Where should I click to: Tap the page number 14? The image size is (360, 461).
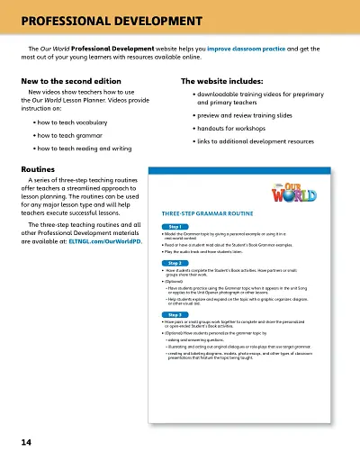pyautogui.click(x=27, y=442)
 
